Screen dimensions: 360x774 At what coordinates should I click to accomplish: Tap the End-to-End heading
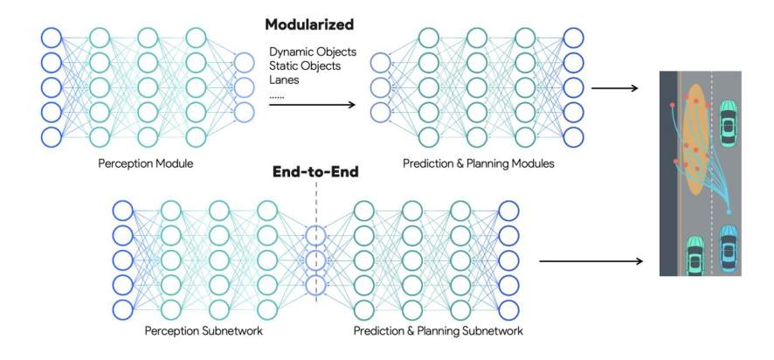(x=314, y=172)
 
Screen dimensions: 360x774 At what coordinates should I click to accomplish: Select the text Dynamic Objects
(x=306, y=50)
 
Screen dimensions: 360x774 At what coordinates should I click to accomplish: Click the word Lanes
(x=284, y=80)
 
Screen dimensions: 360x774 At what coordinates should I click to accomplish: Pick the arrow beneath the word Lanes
(x=311, y=105)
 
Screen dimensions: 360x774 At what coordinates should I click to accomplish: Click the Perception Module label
(x=147, y=163)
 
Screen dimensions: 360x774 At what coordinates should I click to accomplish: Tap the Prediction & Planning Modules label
(x=478, y=163)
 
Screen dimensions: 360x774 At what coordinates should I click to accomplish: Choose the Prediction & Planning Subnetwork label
(x=439, y=332)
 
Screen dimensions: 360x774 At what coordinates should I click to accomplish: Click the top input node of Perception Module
(x=52, y=38)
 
